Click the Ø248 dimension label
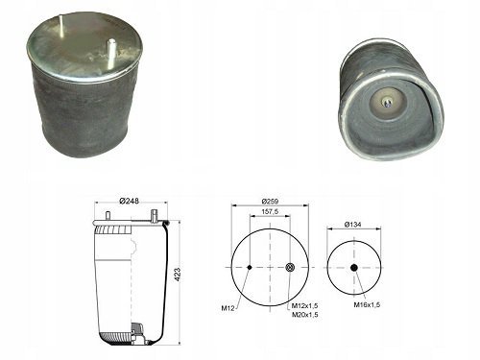pos(129,201)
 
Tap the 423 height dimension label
pos(178,275)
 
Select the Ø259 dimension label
pos(270,202)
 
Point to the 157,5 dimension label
pos(270,211)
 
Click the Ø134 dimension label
pos(352,225)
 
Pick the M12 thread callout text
pos(228,308)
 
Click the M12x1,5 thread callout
pos(304,306)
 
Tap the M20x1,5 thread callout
pos(304,315)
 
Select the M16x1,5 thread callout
pos(367,304)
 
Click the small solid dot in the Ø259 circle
pos(250,268)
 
